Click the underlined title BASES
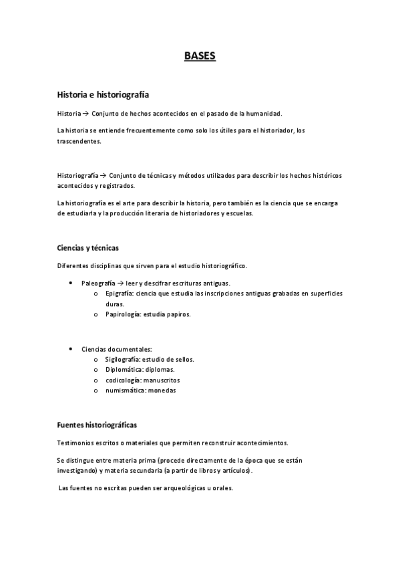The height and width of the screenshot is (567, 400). point(200,56)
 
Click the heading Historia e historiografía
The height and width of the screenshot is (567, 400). point(107,95)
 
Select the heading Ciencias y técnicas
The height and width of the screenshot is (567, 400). point(88,248)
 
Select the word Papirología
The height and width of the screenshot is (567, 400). point(123,314)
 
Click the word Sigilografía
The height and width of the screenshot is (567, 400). point(125,359)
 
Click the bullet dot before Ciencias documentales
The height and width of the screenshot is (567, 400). point(71,349)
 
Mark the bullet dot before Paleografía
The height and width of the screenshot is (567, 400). point(71,283)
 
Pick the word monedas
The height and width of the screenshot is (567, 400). point(162,390)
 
